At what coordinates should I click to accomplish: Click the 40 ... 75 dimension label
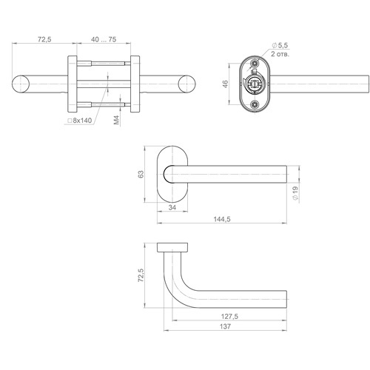[104, 39]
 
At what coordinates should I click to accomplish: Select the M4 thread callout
[116, 120]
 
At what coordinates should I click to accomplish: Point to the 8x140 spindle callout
[80, 121]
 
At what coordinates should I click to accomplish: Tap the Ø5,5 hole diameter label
[280, 45]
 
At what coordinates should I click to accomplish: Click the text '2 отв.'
[280, 54]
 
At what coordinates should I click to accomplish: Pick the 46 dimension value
[226, 84]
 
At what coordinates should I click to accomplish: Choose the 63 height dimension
[141, 174]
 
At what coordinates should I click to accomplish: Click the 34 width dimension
[172, 207]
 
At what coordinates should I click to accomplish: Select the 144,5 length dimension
[222, 219]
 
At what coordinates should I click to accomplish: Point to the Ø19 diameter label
[295, 193]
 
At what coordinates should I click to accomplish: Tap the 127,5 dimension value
[229, 316]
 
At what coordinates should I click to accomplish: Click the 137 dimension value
[226, 326]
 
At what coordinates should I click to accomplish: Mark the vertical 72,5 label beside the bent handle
[141, 275]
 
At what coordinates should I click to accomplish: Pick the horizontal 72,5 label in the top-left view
[44, 39]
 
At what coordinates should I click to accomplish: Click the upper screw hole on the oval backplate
[254, 64]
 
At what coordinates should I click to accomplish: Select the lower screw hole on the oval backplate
[254, 105]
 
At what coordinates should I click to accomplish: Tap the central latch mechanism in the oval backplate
[254, 83]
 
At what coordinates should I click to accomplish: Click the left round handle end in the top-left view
[21, 84]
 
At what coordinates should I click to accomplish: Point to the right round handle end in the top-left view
[186, 84]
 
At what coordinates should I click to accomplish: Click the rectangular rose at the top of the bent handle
[172, 247]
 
